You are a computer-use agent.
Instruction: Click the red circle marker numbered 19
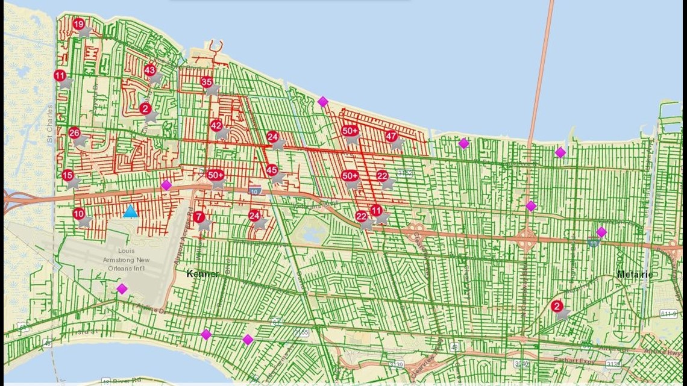pos(79,24)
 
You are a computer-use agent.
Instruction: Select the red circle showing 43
pos(150,70)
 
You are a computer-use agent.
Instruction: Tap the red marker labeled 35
pos(207,82)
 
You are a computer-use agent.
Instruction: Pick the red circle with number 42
pos(216,125)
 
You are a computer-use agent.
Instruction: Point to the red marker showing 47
pos(392,136)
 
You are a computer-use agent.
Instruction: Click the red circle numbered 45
pos(272,170)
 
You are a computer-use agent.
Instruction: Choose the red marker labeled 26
pos(74,133)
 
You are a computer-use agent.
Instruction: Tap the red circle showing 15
pos(68,175)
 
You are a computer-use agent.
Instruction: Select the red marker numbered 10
pos(79,214)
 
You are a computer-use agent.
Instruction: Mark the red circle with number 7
pos(199,217)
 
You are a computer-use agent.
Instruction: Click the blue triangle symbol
pos(130,211)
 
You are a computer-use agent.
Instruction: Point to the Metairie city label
pos(635,275)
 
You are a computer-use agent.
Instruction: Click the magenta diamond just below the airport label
pos(122,289)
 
